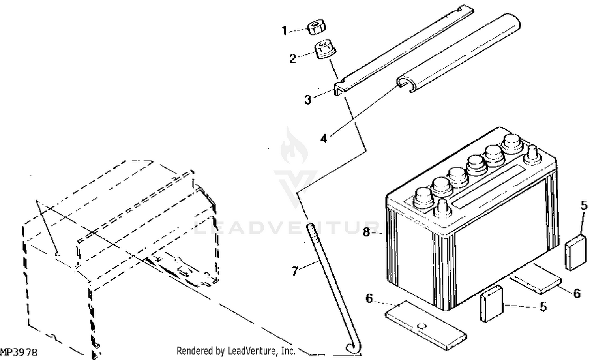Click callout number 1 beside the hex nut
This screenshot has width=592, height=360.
285,31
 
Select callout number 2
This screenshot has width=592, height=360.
292,58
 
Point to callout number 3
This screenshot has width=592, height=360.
308,99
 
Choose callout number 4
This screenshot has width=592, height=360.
324,139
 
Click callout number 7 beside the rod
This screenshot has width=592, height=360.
295,271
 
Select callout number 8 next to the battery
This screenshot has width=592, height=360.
366,232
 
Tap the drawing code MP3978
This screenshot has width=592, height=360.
19,352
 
